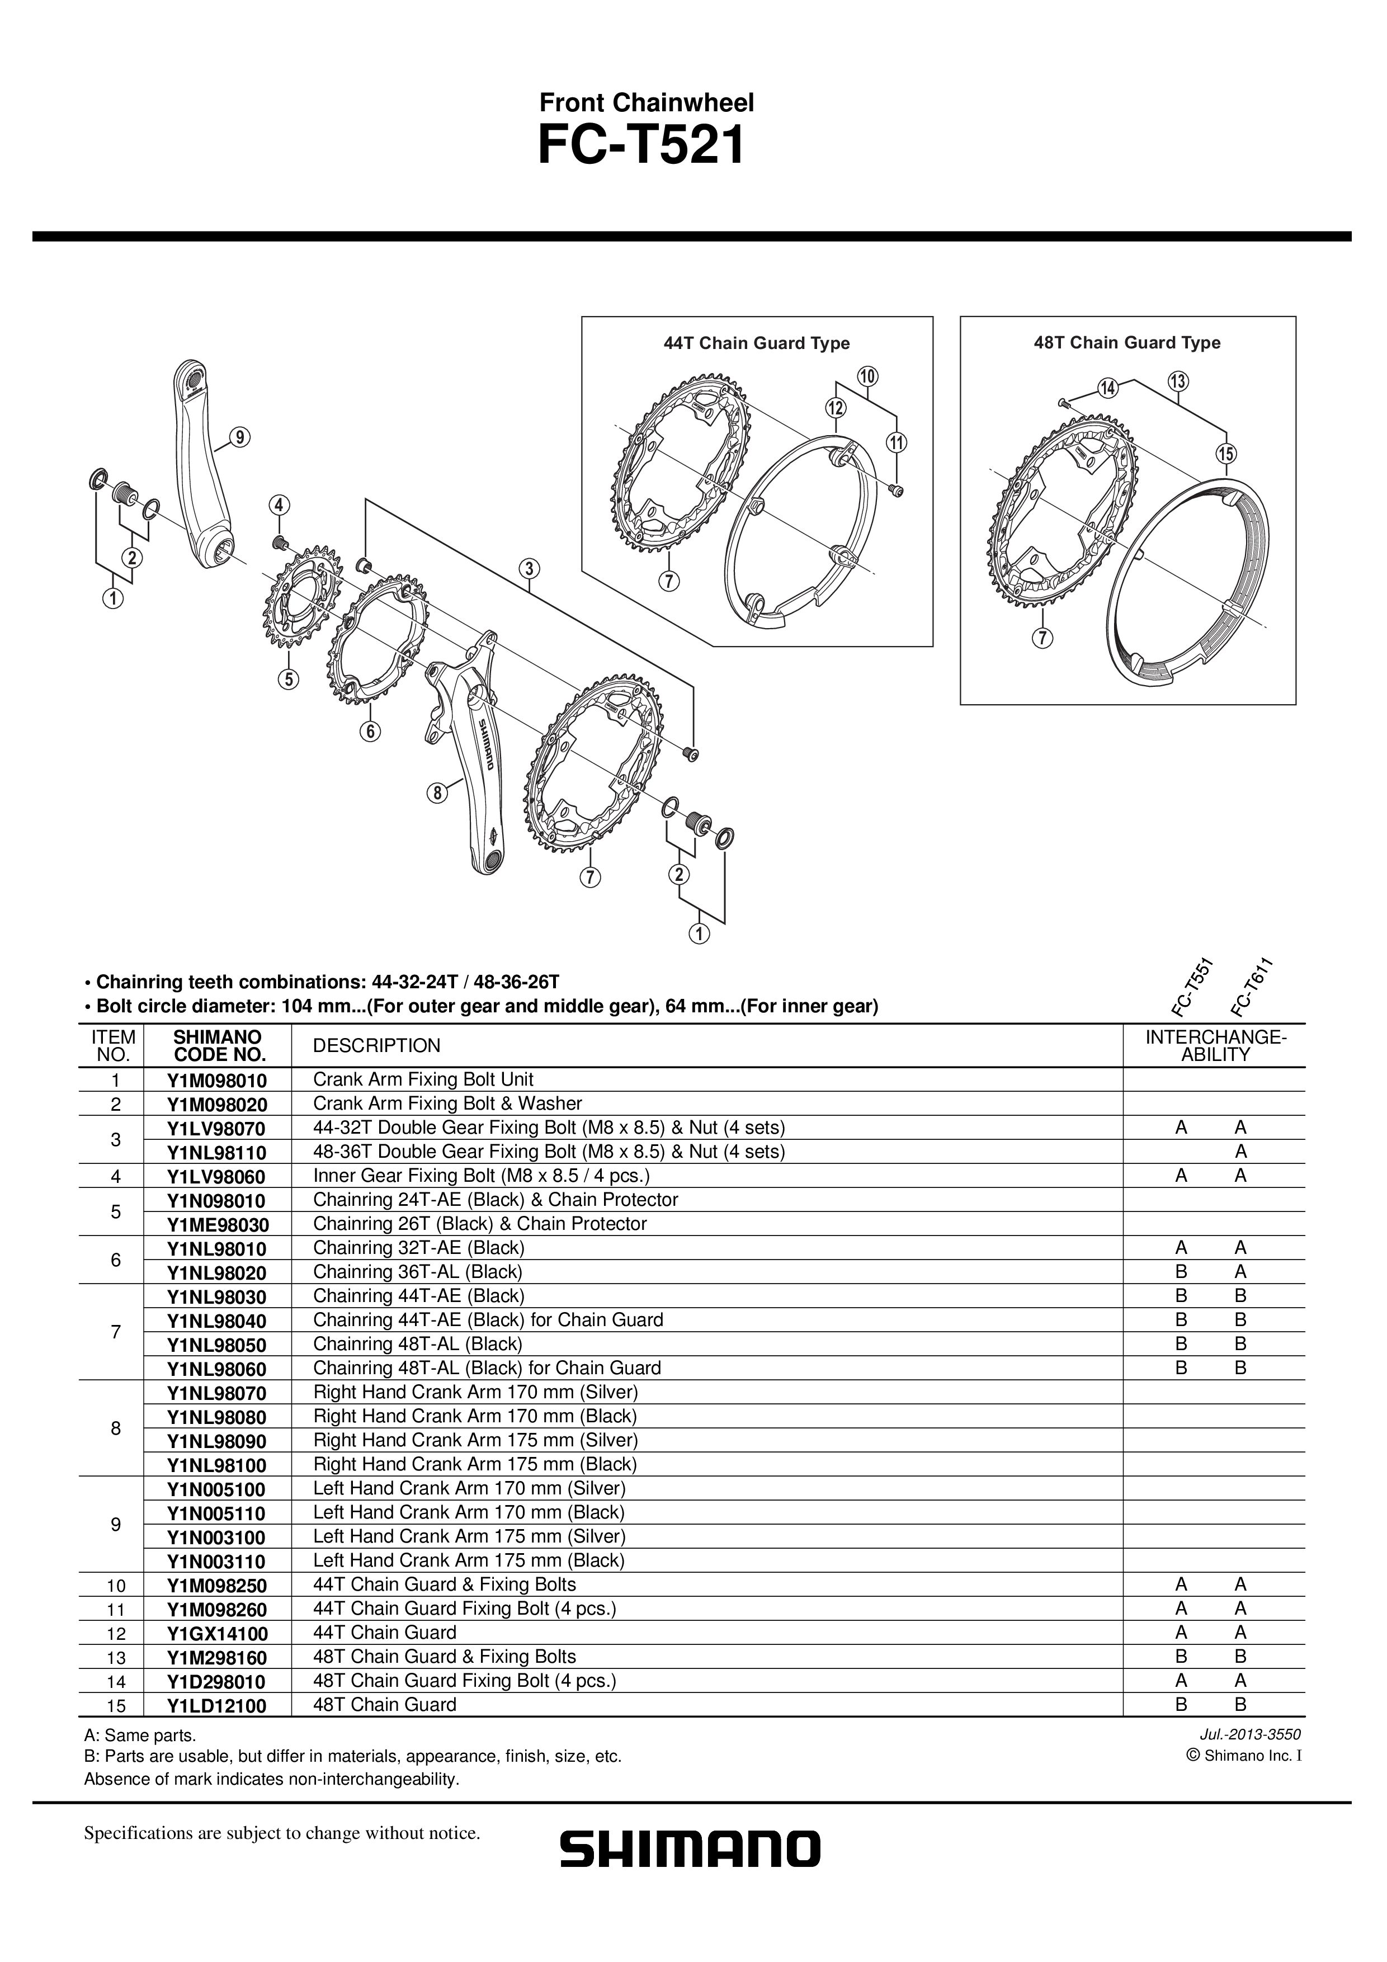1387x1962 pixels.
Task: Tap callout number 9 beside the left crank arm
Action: [x=240, y=437]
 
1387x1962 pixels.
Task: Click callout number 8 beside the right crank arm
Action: [x=437, y=793]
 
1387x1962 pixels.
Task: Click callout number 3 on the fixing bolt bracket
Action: [x=529, y=568]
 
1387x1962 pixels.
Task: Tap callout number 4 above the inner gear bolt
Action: [x=279, y=504]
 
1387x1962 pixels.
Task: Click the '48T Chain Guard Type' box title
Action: [x=1126, y=343]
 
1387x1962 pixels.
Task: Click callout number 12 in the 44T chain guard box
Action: [x=835, y=408]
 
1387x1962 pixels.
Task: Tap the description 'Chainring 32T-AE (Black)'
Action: [x=419, y=1248]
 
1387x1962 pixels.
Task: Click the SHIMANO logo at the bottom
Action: [x=690, y=1849]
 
